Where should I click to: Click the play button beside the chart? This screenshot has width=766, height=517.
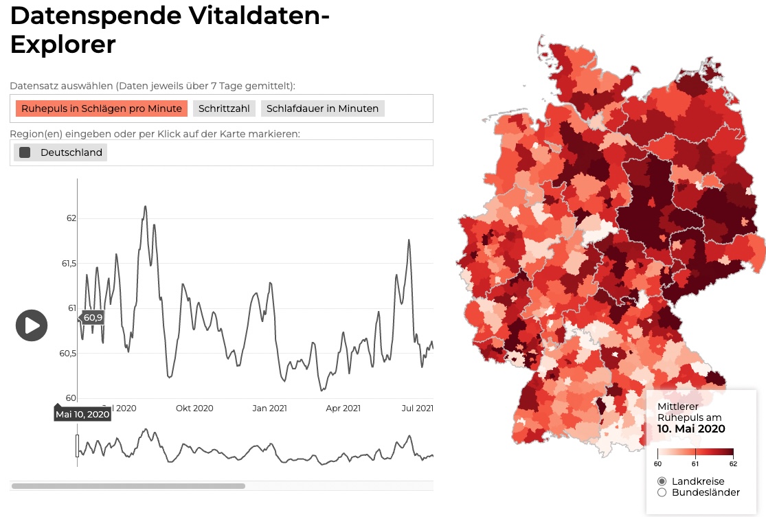coord(32,325)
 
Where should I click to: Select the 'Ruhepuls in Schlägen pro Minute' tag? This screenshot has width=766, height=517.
coord(101,108)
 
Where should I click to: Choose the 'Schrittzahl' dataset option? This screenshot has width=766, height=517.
coord(225,108)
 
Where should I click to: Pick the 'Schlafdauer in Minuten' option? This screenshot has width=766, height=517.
coord(322,108)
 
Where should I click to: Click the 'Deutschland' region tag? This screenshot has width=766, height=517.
coord(71,152)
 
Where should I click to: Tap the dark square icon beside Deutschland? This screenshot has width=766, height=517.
coord(25,152)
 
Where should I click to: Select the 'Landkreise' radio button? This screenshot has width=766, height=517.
coord(662,481)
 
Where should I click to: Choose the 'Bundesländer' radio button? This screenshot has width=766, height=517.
coord(662,492)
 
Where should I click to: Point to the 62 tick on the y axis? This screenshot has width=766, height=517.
coord(71,218)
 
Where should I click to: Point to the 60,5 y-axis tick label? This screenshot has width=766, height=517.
coord(68,354)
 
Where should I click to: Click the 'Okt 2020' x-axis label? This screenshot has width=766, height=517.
coord(194,408)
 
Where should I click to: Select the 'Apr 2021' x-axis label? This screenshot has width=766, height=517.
coord(343,408)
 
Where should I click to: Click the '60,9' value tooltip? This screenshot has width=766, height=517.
coord(93,317)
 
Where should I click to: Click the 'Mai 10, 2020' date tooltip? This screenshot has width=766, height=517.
coord(82,414)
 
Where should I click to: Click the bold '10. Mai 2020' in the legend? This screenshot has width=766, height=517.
coord(691,429)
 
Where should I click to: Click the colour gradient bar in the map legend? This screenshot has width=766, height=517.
coord(695,452)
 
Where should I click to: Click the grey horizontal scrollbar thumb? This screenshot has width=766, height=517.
coord(128,486)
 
